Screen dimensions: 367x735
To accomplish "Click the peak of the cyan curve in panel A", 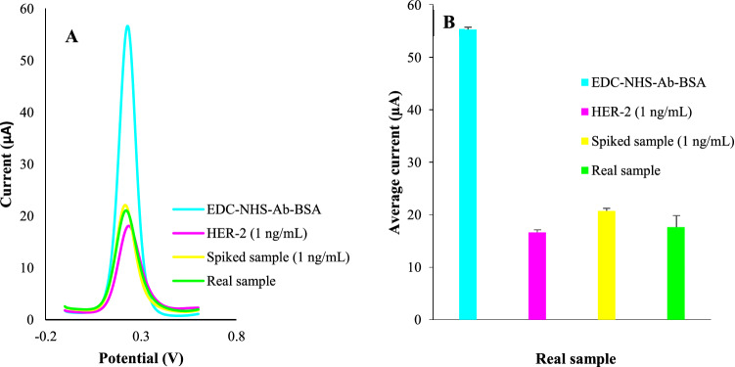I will pyautogui.click(x=127, y=26).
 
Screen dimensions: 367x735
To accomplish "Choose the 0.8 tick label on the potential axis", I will pyautogui.click(x=235, y=336).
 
